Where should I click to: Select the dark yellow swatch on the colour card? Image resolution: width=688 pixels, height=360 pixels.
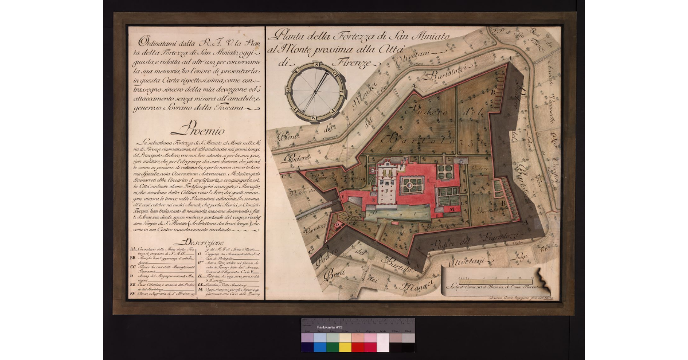click(x=345, y=347)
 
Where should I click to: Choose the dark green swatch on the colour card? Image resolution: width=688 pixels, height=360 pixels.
click(x=332, y=347)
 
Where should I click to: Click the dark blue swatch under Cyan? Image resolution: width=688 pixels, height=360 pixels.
click(x=319, y=347)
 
